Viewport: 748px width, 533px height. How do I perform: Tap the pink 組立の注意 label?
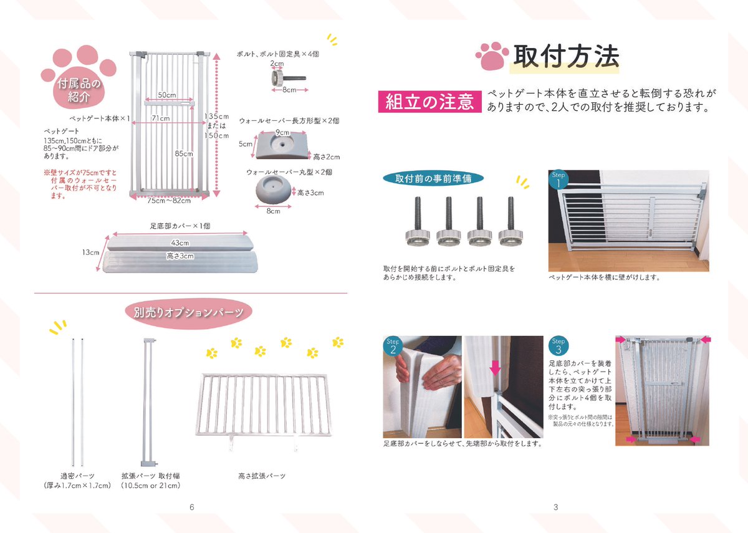click(429, 102)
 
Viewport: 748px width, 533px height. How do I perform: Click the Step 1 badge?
click(559, 180)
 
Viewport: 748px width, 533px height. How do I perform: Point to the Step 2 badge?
click(392, 346)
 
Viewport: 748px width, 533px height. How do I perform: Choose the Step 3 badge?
click(559, 346)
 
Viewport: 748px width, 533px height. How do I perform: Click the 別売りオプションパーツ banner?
click(188, 312)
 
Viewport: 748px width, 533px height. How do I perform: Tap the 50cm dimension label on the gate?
click(166, 95)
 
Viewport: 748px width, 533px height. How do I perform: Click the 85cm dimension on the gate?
click(184, 153)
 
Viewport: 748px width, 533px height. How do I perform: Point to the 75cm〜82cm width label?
click(169, 201)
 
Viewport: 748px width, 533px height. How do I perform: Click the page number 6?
click(192, 507)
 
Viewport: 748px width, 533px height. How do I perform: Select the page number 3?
click(555, 507)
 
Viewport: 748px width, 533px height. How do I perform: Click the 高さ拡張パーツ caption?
click(262, 476)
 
